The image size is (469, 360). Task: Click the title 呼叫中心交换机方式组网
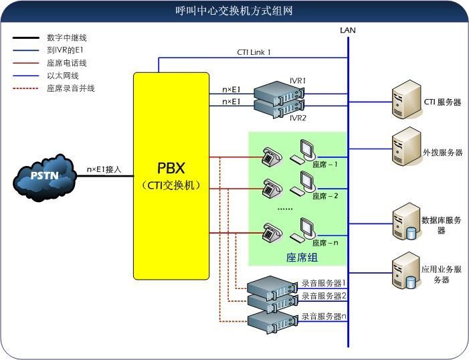(234, 11)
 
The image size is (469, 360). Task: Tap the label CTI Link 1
(254, 52)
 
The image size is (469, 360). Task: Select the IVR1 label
(298, 81)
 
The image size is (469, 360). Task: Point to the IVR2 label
(298, 118)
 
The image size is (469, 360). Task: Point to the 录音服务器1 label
(324, 283)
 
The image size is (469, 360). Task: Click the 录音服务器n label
(324, 316)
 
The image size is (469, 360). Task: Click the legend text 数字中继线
(68, 37)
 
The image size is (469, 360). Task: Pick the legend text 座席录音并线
(71, 88)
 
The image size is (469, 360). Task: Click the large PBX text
(171, 168)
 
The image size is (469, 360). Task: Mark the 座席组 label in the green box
(302, 257)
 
